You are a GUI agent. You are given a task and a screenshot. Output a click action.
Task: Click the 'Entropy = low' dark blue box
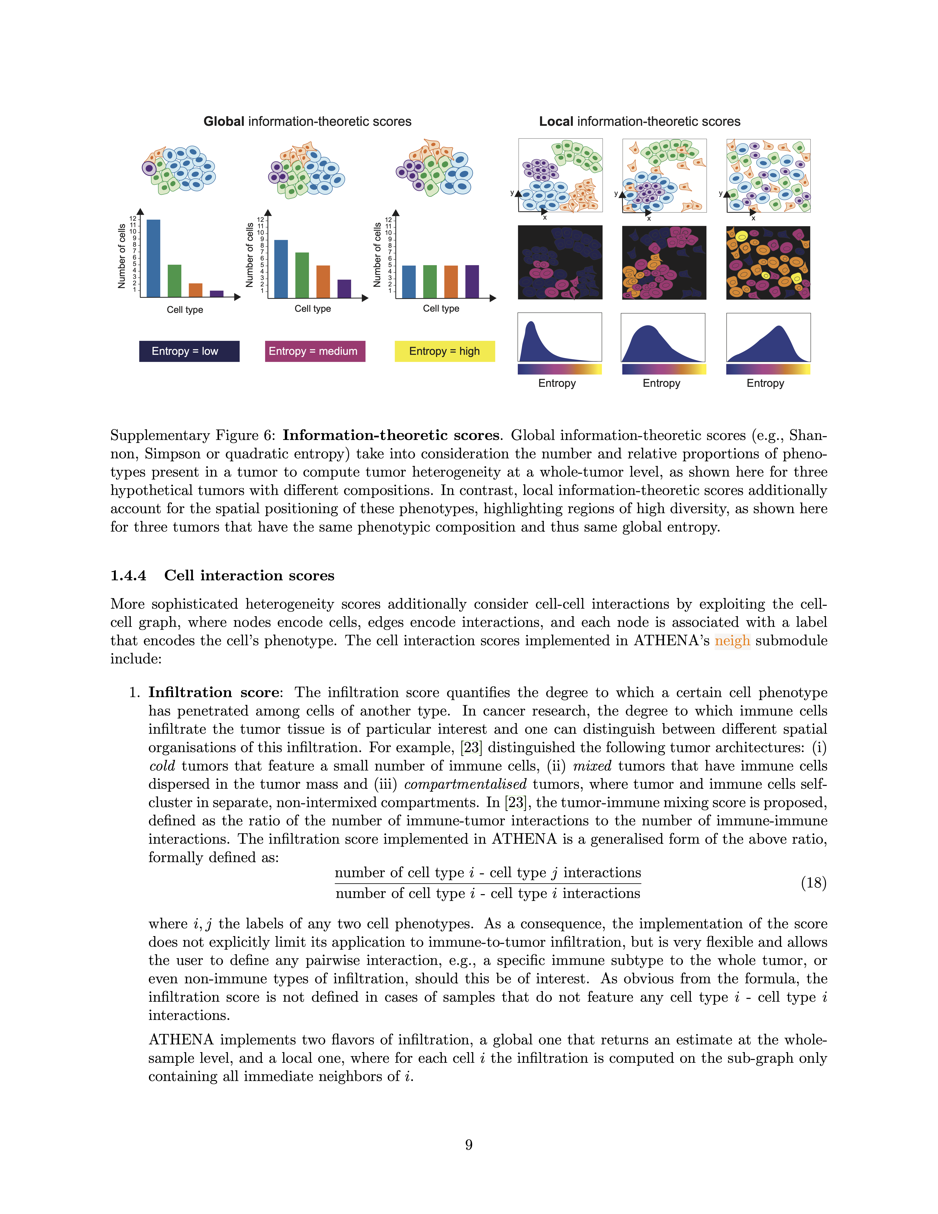point(189,351)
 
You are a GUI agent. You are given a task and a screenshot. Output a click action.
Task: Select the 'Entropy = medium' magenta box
point(315,351)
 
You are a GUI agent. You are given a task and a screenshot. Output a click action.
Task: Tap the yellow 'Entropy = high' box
point(445,351)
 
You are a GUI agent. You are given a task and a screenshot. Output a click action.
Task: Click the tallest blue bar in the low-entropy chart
point(153,258)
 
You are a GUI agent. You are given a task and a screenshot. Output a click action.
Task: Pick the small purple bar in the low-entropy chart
point(217,294)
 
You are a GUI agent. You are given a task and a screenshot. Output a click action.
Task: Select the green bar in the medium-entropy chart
point(302,275)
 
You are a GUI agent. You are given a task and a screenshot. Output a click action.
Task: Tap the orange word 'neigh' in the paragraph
point(732,641)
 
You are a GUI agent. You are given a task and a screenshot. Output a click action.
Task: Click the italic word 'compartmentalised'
point(465,784)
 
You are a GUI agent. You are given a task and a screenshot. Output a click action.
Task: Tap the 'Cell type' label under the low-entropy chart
point(185,310)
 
